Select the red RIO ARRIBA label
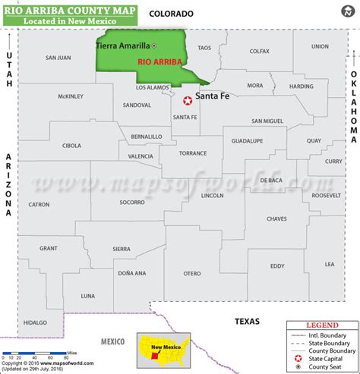click(x=161, y=65)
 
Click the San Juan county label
click(x=58, y=58)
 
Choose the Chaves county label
click(x=276, y=218)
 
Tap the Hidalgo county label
click(x=34, y=322)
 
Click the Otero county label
click(x=192, y=273)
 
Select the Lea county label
click(x=329, y=264)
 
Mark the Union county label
click(x=320, y=46)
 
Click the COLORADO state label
click(x=172, y=14)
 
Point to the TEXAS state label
click(x=247, y=321)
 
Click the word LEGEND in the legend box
click(x=323, y=325)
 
